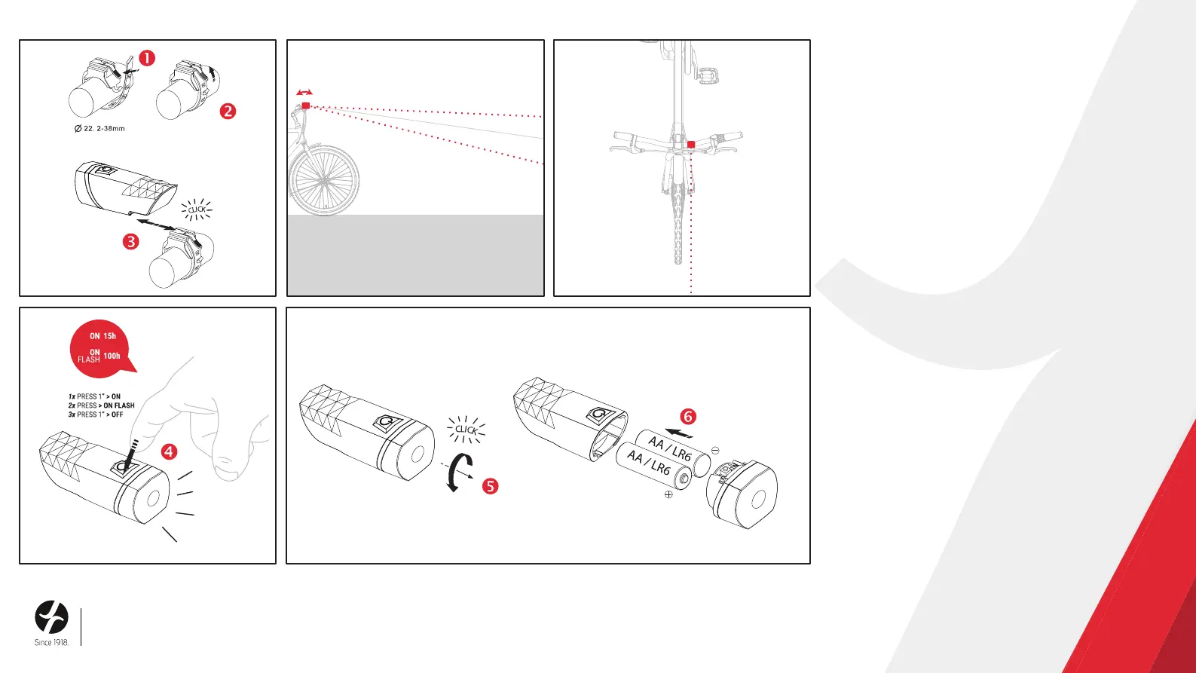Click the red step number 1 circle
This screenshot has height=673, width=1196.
(147, 58)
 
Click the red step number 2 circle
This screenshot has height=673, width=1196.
(228, 111)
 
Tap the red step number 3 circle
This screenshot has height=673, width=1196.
(131, 241)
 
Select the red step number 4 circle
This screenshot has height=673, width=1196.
(170, 452)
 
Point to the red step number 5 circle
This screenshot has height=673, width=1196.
(490, 486)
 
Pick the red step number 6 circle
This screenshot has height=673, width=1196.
(688, 417)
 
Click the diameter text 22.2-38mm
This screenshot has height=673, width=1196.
(99, 129)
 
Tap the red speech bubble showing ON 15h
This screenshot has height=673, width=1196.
(102, 347)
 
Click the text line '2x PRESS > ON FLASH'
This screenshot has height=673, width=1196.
(102, 405)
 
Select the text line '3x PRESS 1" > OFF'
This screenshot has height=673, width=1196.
(96, 415)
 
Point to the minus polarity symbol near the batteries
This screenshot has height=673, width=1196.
(715, 450)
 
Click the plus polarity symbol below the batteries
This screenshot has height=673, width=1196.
(668, 494)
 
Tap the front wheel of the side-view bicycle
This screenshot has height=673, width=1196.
(324, 181)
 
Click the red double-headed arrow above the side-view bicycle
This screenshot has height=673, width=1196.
(305, 93)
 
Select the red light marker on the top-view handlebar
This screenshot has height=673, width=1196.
(691, 145)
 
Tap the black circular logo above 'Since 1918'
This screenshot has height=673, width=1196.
(52, 617)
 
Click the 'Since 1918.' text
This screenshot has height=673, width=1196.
(52, 643)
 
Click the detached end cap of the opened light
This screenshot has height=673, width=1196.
(742, 494)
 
